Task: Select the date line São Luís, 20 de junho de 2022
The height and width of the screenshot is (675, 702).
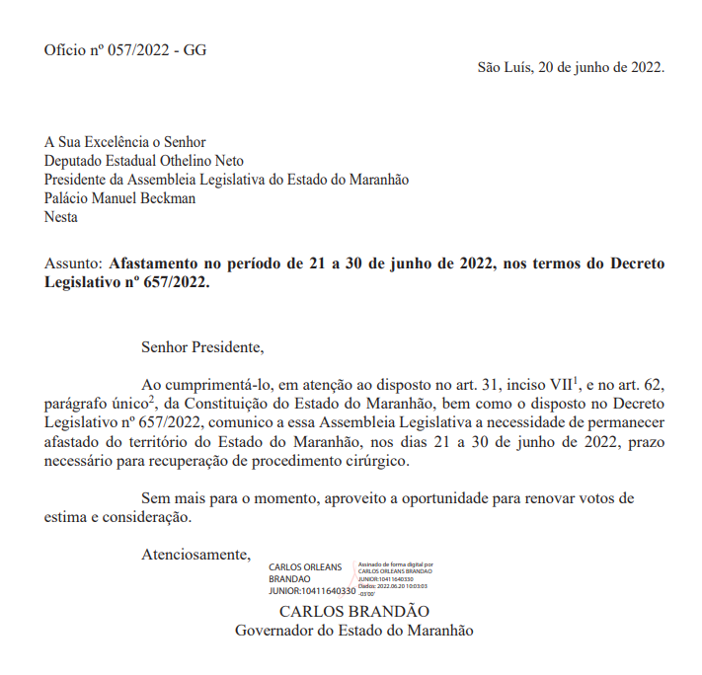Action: [571, 68]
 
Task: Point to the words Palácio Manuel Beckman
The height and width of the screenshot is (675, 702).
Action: [119, 198]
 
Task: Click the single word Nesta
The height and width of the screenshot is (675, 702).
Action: [61, 217]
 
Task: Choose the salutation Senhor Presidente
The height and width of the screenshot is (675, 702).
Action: [202, 347]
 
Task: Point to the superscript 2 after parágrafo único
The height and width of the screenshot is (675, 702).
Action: [151, 399]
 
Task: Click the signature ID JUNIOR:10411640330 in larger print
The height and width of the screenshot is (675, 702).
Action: [311, 591]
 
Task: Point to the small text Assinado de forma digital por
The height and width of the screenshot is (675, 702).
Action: [395, 565]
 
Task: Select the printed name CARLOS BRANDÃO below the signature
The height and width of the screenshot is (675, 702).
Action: [354, 611]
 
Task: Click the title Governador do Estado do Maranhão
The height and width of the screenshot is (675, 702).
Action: [353, 630]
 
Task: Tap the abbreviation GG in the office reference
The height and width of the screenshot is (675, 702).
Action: [195, 50]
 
